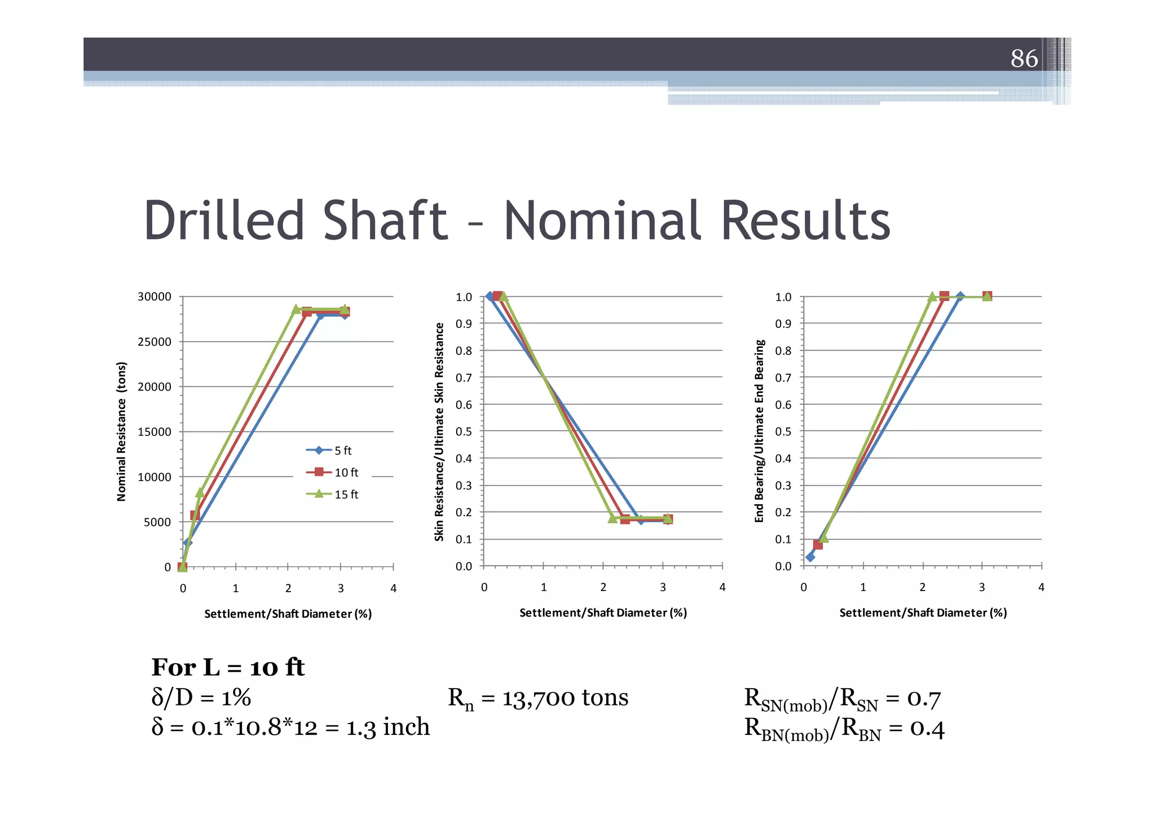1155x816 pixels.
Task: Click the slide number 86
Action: pos(1024,58)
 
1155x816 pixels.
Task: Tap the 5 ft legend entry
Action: pos(329,450)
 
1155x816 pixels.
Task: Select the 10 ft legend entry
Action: pos(332,472)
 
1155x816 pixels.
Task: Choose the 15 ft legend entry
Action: pos(332,494)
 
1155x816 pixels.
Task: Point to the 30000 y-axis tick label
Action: pos(154,297)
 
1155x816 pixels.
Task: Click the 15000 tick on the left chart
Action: pos(154,432)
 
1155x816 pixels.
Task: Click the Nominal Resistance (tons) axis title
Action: pos(121,431)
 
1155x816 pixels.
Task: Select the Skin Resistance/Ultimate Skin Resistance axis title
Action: pos(439,431)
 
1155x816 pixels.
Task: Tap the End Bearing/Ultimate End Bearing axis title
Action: pos(759,431)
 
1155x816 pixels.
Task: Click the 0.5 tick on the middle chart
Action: pos(464,431)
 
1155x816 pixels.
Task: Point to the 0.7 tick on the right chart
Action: pos(783,377)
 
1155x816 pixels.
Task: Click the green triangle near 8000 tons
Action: pos(200,492)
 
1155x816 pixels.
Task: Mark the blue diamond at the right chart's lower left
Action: pos(810,557)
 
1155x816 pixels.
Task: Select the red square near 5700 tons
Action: pos(195,515)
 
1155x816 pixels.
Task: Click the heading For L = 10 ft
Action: pos(228,668)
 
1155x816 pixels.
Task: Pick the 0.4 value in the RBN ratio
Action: pos(927,729)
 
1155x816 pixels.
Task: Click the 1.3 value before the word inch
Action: pos(361,727)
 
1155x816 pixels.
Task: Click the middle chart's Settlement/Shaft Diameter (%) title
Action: pos(603,612)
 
